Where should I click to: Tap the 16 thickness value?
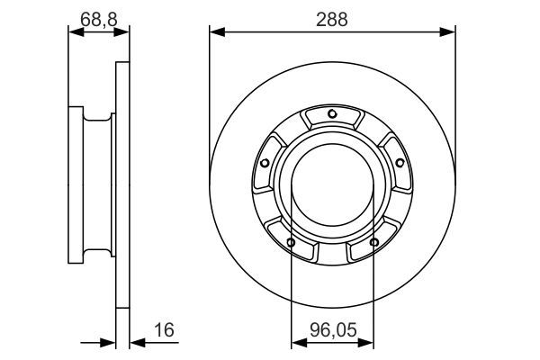point(163,330)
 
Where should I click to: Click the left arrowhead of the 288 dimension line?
point(216,32)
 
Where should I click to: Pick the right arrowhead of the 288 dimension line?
point(449,32)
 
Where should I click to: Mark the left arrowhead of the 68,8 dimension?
point(75,32)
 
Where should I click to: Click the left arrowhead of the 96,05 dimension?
point(296,343)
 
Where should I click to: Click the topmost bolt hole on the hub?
point(332,113)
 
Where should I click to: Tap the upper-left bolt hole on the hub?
point(265,162)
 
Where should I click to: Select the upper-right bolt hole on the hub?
point(399,162)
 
